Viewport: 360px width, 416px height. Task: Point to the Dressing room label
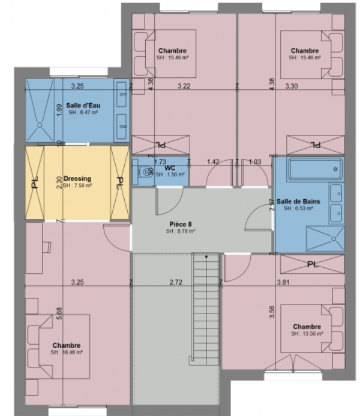[77, 179]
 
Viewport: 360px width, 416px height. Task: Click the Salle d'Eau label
[83, 105]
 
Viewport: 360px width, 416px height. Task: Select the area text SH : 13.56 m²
[307, 333]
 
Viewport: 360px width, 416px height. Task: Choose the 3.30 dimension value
[290, 87]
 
